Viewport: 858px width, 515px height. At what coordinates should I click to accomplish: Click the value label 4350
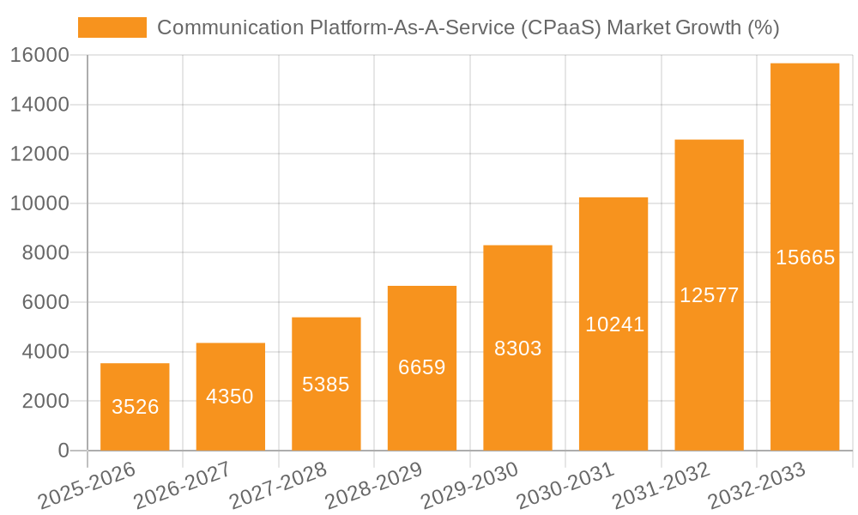pos(230,397)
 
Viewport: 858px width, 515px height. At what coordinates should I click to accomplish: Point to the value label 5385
pos(326,385)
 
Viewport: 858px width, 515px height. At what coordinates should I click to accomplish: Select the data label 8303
pos(517,348)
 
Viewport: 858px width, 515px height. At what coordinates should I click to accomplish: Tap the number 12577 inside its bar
pos(709,295)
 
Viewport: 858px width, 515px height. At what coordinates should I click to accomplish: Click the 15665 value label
pos(805,257)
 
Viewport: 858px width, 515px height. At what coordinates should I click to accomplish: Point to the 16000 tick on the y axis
pos(39,56)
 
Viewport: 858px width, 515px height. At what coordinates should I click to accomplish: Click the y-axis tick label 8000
pos(45,253)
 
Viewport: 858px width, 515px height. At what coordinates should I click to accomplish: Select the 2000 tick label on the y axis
pos(45,401)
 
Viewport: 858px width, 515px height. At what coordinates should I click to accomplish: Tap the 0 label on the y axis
pos(63,451)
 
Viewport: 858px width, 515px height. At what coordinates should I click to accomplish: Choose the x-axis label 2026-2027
pos(184,486)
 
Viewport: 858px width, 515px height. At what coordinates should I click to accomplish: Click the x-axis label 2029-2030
pos(471,486)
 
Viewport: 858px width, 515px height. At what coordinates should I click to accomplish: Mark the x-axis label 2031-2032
pos(662,486)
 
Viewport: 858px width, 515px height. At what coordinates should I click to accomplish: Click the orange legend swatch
pos(112,27)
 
